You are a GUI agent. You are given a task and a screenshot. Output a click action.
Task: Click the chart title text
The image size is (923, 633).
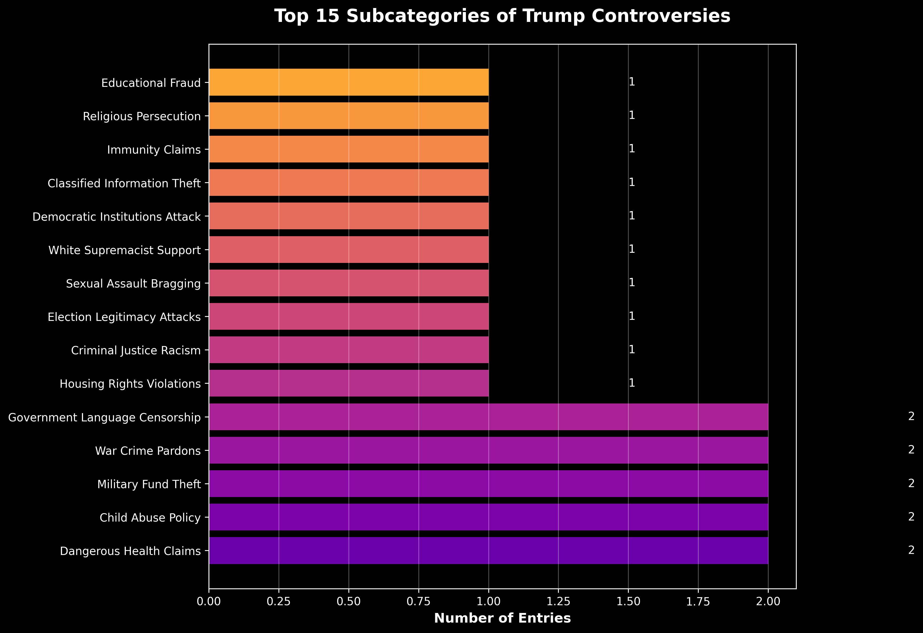pyautogui.click(x=502, y=17)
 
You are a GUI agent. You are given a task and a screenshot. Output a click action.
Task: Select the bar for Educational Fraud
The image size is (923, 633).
pyautogui.click(x=349, y=82)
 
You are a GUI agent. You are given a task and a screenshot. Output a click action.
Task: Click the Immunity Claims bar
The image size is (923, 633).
pyautogui.click(x=349, y=149)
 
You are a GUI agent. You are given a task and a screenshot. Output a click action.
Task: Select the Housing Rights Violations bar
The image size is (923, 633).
pyautogui.click(x=349, y=383)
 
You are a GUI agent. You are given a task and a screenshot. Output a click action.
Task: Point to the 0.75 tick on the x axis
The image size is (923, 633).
pyautogui.click(x=419, y=601)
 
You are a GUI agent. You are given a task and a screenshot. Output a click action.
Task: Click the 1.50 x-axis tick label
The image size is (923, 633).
pyautogui.click(x=628, y=601)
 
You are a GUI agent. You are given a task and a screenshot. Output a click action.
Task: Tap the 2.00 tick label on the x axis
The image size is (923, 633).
pyautogui.click(x=768, y=601)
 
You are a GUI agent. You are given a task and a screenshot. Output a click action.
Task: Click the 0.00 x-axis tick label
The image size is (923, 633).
pyautogui.click(x=209, y=601)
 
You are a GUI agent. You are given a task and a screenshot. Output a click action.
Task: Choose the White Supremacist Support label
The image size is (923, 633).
pyautogui.click(x=124, y=250)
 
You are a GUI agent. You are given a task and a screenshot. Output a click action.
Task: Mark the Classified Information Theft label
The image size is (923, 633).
pyautogui.click(x=124, y=183)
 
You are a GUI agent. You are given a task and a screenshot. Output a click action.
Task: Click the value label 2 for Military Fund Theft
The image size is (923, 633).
pyautogui.click(x=911, y=483)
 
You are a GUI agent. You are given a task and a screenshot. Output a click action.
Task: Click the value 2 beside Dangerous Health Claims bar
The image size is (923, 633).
pyautogui.click(x=911, y=550)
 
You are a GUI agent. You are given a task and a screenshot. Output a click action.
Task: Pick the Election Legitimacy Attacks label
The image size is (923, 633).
pyautogui.click(x=124, y=317)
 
